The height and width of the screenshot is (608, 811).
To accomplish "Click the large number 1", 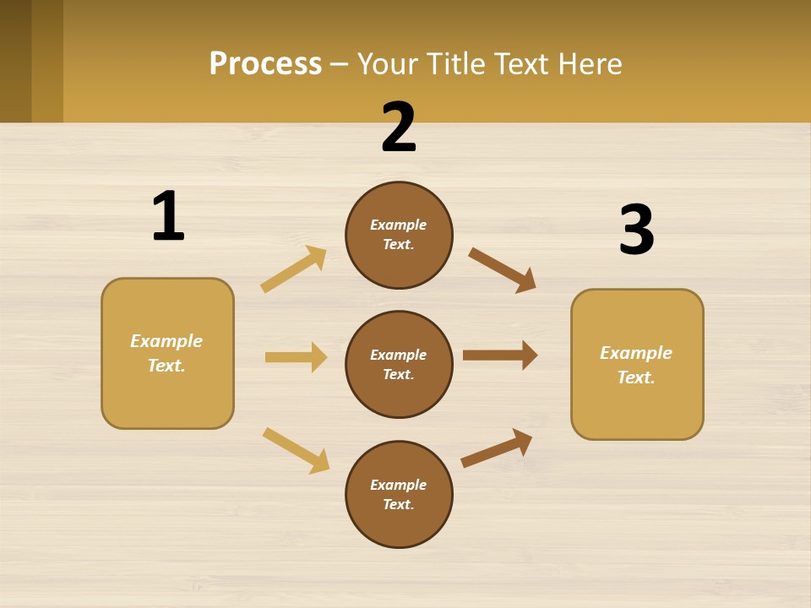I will pyautogui.click(x=168, y=216).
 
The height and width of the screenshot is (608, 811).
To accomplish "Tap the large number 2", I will pyautogui.click(x=399, y=128).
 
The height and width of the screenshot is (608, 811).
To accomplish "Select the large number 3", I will pyautogui.click(x=636, y=230).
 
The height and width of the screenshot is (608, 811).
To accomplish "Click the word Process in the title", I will pyautogui.click(x=265, y=63).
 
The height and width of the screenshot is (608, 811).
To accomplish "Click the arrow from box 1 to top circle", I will pyautogui.click(x=293, y=269).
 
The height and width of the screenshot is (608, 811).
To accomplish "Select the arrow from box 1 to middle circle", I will pyautogui.click(x=296, y=357).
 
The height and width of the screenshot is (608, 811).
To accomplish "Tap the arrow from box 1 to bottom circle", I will pyautogui.click(x=296, y=450).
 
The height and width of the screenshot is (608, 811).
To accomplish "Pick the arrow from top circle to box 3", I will pyautogui.click(x=502, y=270).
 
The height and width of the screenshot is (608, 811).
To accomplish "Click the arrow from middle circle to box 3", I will pyautogui.click(x=500, y=356).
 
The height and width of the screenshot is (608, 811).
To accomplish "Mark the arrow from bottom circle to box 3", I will pyautogui.click(x=497, y=448).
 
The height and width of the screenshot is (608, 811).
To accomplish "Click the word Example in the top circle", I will pyautogui.click(x=399, y=225).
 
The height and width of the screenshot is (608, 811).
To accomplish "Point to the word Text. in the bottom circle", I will pyautogui.click(x=399, y=505).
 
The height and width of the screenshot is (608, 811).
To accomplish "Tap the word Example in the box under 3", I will pyautogui.click(x=636, y=353).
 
